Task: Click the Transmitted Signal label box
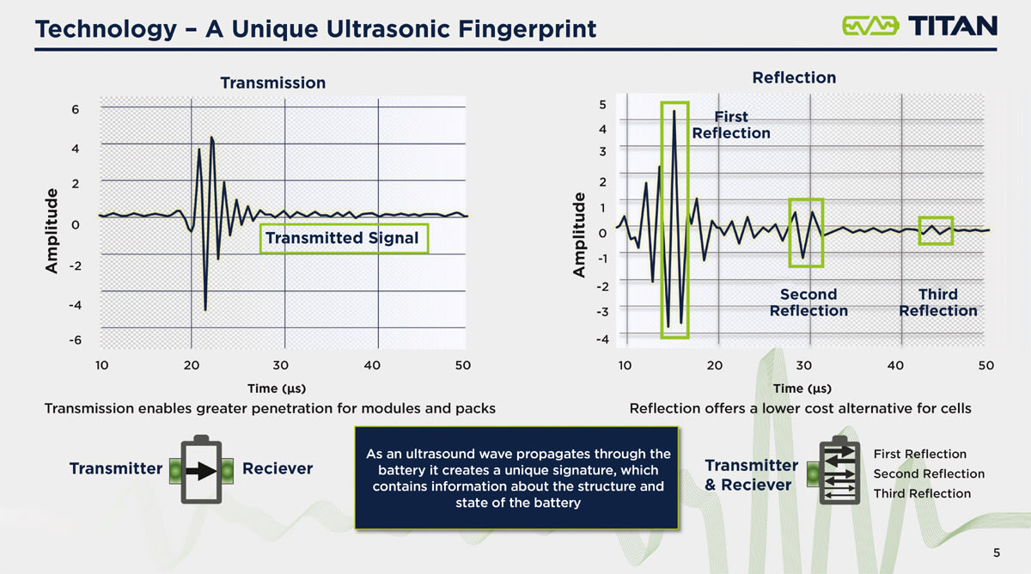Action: (342, 238)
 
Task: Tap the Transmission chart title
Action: (272, 82)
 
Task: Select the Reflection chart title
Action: (793, 77)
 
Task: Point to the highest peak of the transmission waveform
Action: (211, 137)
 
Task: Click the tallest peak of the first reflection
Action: (674, 111)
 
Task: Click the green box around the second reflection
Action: (805, 233)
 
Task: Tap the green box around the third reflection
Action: (936, 230)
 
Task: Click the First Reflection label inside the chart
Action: (730, 125)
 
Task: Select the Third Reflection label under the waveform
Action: (937, 302)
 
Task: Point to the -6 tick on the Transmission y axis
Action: (76, 340)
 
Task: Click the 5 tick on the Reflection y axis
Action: (602, 105)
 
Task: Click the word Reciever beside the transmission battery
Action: (278, 469)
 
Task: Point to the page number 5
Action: (996, 553)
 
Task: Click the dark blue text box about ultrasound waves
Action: (516, 478)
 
